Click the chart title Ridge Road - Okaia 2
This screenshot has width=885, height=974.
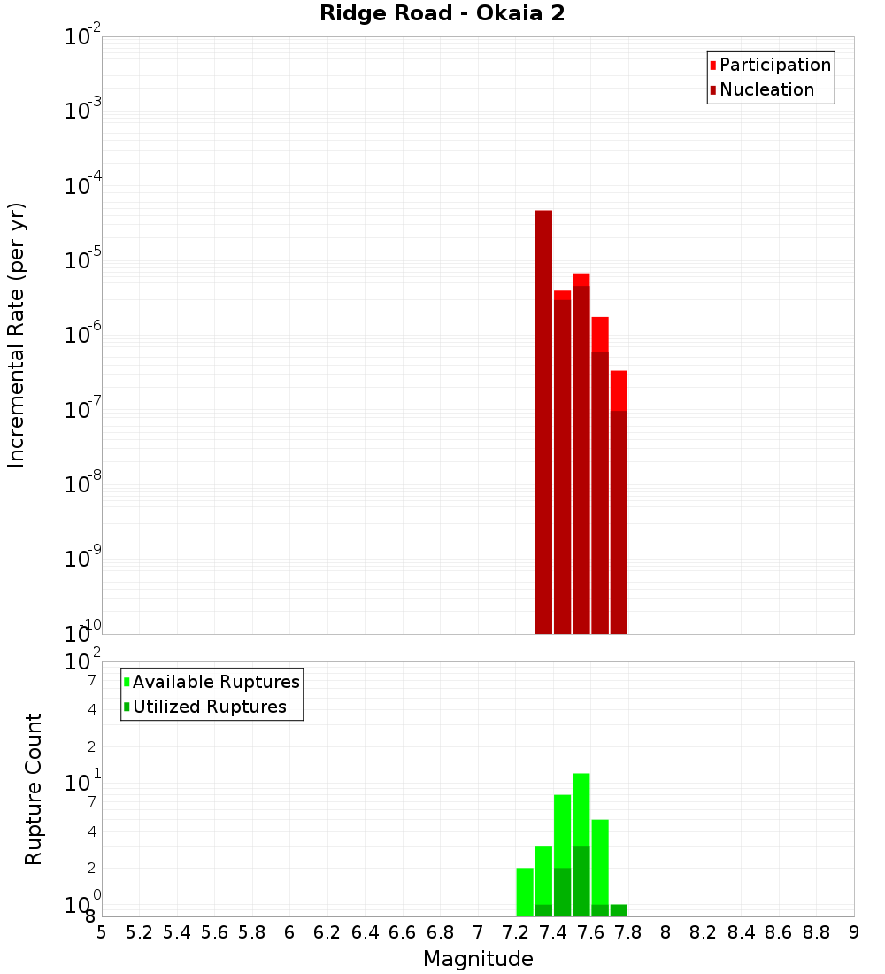point(442,14)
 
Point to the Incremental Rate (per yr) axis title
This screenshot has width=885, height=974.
point(17,335)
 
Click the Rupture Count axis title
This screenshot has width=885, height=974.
point(34,788)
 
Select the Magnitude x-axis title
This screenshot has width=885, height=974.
point(478,959)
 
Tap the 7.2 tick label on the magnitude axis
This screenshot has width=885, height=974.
point(515,931)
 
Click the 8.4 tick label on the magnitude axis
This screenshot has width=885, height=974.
point(741,931)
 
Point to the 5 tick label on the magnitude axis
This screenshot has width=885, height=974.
point(102,931)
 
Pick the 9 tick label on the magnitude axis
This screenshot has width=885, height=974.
point(854,931)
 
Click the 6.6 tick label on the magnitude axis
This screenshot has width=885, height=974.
point(402,931)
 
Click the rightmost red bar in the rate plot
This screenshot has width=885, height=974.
point(619,390)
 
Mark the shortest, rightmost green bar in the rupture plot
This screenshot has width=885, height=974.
point(619,910)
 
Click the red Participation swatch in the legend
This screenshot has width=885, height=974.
point(712,65)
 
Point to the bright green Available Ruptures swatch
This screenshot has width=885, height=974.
point(127,682)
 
